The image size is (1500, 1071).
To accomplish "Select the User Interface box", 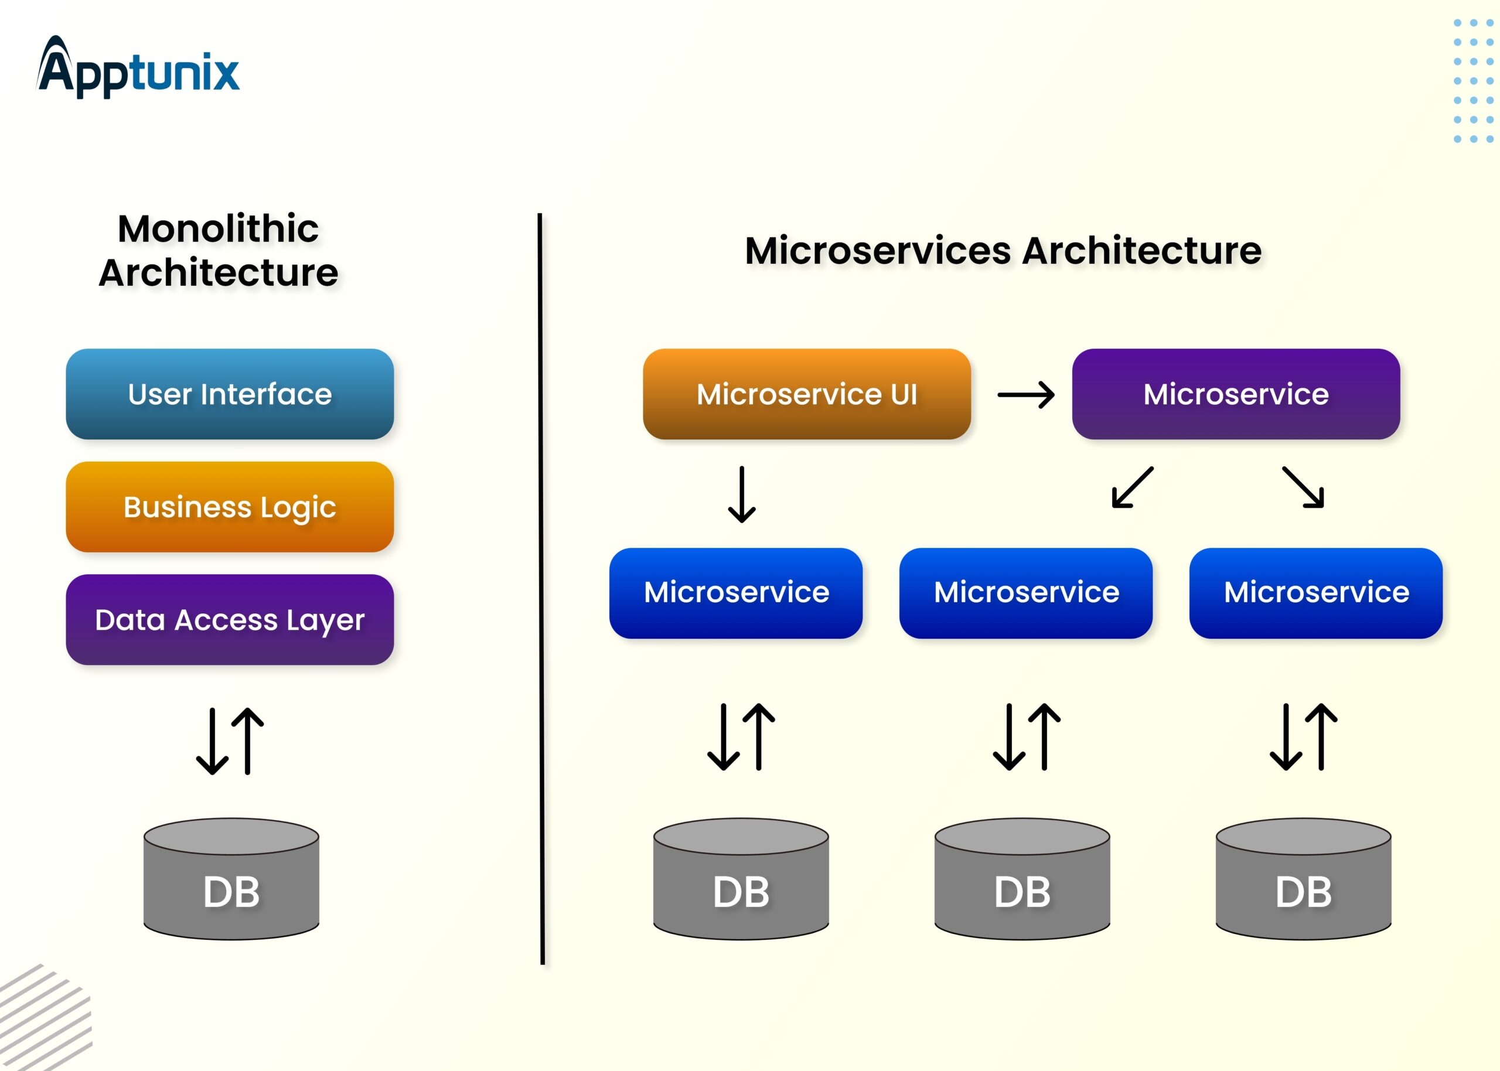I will tap(230, 394).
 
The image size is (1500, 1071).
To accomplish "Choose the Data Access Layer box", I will tap(230, 620).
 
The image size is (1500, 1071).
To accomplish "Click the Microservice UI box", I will tap(806, 394).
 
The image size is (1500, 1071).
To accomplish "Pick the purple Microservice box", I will tap(1236, 394).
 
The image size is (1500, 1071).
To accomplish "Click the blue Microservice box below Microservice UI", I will tap(736, 593).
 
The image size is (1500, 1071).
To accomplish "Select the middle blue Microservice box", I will tap(1026, 593).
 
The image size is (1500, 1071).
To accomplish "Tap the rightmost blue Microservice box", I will tap(1316, 593).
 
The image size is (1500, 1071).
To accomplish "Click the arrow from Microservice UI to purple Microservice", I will tap(1026, 395).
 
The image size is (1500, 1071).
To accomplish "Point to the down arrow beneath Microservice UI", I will tap(742, 494).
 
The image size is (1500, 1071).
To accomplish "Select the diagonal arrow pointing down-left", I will tap(1132, 487).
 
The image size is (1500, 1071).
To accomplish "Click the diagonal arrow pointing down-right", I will tap(1303, 487).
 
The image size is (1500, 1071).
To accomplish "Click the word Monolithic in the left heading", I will tap(218, 229).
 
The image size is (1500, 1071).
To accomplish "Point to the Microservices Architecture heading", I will tap(1003, 251).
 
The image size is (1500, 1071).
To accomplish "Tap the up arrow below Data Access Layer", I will tap(248, 740).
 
